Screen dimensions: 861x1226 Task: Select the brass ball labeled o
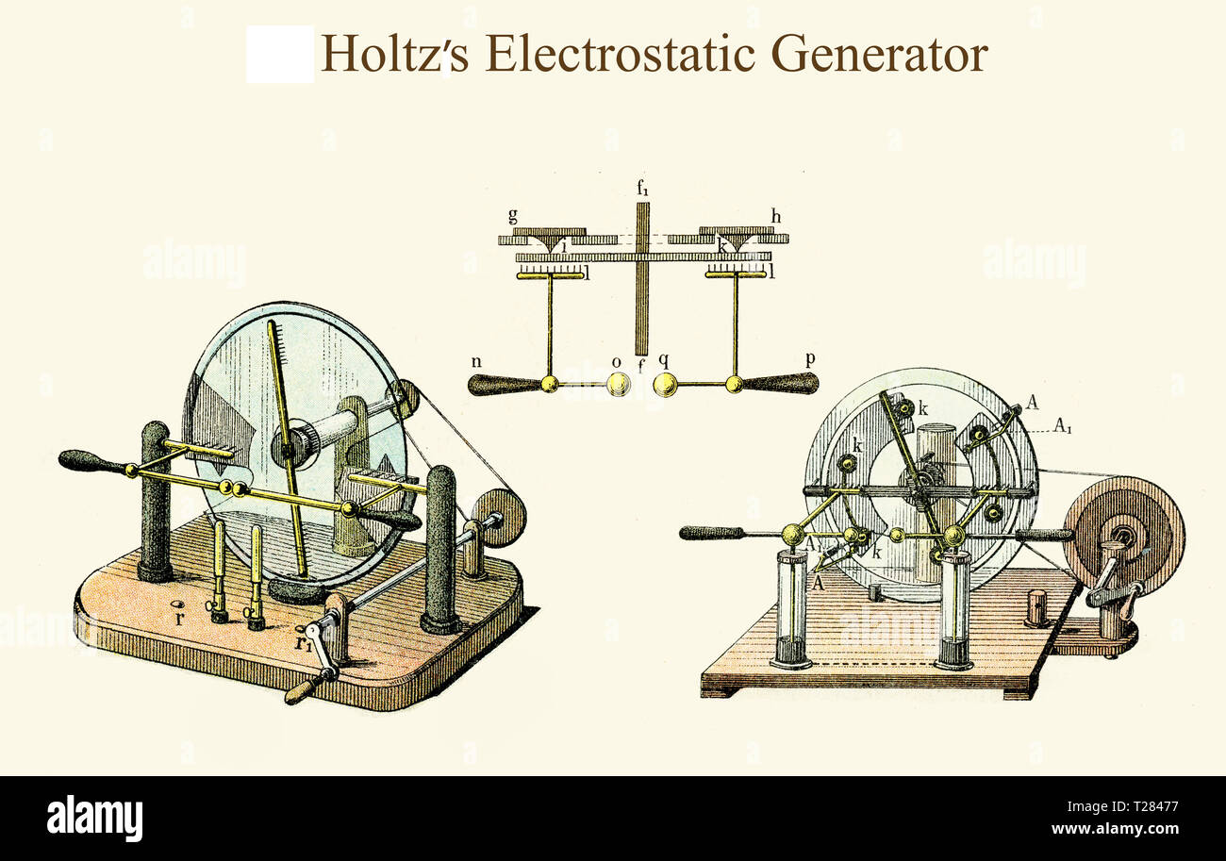click(618, 384)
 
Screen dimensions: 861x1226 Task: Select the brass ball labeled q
click(665, 384)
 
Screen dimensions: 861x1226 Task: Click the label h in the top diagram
click(775, 217)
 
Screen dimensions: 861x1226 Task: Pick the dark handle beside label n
click(504, 385)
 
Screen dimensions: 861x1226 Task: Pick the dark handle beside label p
click(781, 384)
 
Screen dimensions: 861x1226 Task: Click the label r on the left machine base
click(179, 619)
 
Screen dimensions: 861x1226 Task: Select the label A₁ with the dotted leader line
click(1062, 427)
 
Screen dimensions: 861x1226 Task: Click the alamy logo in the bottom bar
click(94, 818)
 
